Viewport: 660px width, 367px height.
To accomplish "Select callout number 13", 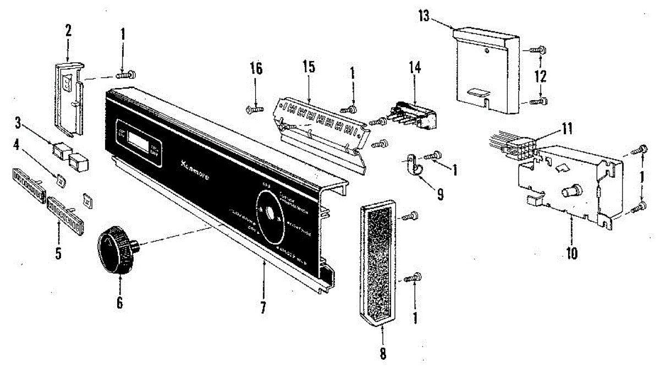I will click(x=424, y=15).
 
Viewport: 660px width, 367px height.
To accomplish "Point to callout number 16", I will click(x=256, y=69).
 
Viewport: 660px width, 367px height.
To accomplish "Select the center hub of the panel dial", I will click(x=269, y=212).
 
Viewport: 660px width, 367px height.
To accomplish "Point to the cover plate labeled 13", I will click(x=484, y=72).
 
